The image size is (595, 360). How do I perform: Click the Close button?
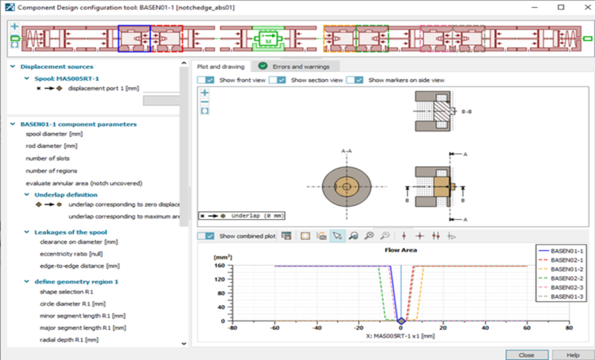click(527, 354)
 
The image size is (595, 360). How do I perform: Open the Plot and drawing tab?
click(221, 67)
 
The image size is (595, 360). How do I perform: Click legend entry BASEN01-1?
click(566, 252)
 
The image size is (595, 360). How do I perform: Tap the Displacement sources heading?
click(57, 67)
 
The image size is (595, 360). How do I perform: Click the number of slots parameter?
click(48, 158)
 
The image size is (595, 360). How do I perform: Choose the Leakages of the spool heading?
click(71, 231)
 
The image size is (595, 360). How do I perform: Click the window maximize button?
click(560, 7)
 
